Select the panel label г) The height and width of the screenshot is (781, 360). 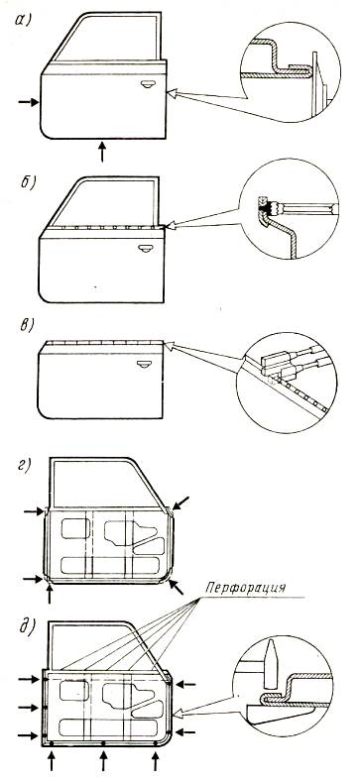25,467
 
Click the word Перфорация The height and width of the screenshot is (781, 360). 246,589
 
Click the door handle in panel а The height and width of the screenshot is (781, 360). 147,84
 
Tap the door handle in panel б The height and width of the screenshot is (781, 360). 145,248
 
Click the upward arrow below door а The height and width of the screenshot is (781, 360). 102,152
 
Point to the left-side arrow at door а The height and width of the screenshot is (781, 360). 29,102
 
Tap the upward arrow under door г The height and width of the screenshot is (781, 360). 50,594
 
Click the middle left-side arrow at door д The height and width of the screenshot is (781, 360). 29,707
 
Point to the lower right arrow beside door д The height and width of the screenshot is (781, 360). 185,732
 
